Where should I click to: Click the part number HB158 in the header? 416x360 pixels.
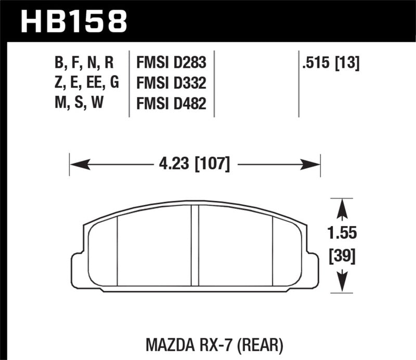coord(73,20)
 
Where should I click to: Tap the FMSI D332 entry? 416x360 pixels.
coord(171,84)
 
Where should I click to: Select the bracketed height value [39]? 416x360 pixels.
coord(342,256)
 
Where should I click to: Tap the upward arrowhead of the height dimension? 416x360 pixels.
coord(342,209)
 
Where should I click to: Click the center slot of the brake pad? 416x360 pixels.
coord(195,245)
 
